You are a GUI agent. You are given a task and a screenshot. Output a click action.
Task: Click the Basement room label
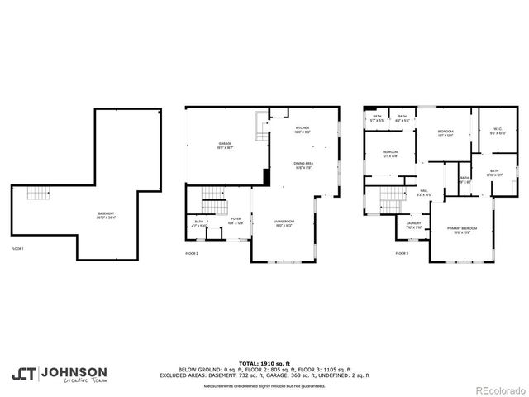point(105,215)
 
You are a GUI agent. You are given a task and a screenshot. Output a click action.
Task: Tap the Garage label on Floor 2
point(225,146)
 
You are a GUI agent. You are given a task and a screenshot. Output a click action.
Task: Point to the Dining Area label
point(303,165)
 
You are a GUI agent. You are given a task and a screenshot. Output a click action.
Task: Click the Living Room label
point(284,222)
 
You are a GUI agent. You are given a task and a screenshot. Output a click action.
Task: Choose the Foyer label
point(236,221)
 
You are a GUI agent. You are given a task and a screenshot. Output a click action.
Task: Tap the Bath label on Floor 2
point(199,223)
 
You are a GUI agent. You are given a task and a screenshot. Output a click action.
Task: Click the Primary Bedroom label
point(462,229)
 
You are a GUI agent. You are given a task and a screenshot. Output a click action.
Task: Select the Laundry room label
point(413,225)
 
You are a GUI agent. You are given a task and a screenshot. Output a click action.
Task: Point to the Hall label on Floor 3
point(423,193)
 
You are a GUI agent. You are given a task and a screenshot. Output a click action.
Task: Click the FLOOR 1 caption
point(17,248)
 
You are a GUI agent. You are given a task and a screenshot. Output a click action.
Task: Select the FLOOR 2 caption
point(193,253)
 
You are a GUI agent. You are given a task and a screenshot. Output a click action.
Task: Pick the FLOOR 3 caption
point(402,253)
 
